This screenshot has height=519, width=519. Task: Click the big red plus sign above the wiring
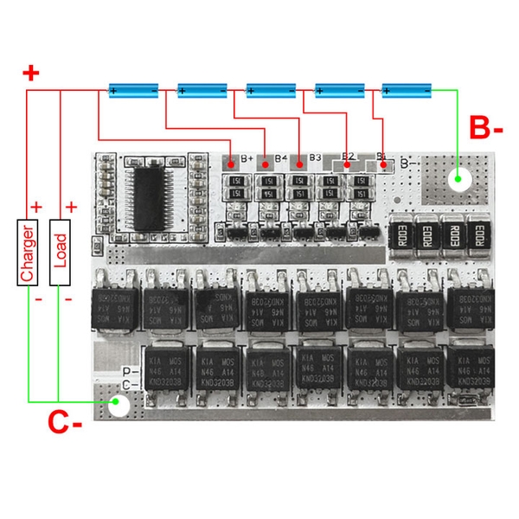[x=31, y=73]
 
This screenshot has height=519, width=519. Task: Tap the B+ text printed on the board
[x=247, y=158]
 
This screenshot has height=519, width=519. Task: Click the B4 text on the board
[x=280, y=158]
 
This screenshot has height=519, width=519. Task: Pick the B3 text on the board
[x=315, y=158]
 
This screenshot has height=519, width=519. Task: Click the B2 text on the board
[x=349, y=157]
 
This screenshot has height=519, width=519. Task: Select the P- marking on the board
[x=125, y=373]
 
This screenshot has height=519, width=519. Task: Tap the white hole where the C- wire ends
[x=119, y=405]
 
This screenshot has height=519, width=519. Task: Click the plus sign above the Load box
[x=71, y=208]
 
